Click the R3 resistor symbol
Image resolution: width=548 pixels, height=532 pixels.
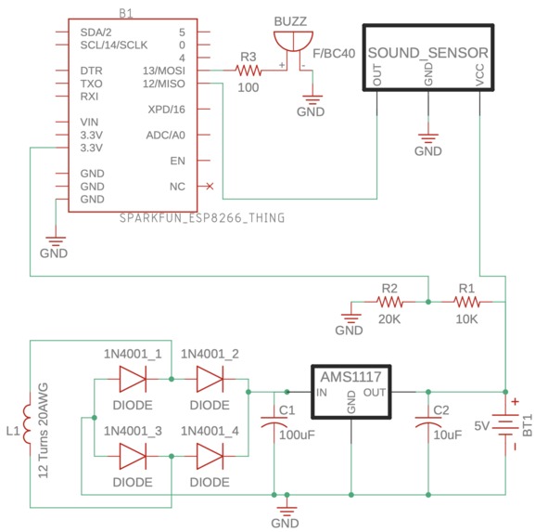249,71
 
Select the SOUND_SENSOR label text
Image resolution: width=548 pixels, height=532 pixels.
428,53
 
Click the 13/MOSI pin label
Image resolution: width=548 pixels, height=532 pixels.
164,71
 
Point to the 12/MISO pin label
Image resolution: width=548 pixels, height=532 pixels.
164,84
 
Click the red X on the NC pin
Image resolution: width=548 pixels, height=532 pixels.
210,187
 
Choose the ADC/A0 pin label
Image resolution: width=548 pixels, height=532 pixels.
166,136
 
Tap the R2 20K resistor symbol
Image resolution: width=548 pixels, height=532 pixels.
389,302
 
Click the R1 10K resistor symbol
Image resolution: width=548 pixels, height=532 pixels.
467,302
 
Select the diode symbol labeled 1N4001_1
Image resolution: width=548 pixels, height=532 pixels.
133,379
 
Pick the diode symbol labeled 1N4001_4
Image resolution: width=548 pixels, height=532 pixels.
210,456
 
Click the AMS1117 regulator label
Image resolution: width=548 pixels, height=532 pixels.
350,377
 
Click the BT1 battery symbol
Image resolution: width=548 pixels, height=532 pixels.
505,426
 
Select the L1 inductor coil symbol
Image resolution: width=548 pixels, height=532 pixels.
28,423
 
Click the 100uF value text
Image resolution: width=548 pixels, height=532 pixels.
297,435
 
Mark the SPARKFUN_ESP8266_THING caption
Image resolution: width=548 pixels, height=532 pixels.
202,218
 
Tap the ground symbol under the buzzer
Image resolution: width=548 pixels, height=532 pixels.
312,99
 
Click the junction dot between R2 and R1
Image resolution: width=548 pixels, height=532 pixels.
428,302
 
